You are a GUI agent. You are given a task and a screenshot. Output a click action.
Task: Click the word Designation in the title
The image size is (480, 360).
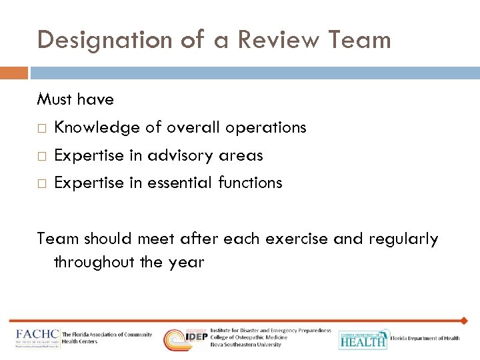tap(107, 39)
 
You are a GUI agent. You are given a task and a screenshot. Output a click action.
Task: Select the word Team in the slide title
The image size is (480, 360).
tap(360, 39)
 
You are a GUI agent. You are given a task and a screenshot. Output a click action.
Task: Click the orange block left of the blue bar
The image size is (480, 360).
tap(14, 72)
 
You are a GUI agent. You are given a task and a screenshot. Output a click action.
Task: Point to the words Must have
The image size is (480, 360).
tap(75, 100)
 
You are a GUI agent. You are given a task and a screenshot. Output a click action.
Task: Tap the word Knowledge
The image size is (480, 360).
tap(97, 127)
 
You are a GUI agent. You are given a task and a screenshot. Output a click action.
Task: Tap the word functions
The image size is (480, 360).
tap(251, 183)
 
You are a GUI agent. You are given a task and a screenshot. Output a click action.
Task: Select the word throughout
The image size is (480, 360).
tap(95, 262)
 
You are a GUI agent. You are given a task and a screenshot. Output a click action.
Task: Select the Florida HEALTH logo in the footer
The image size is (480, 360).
tap(363, 339)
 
